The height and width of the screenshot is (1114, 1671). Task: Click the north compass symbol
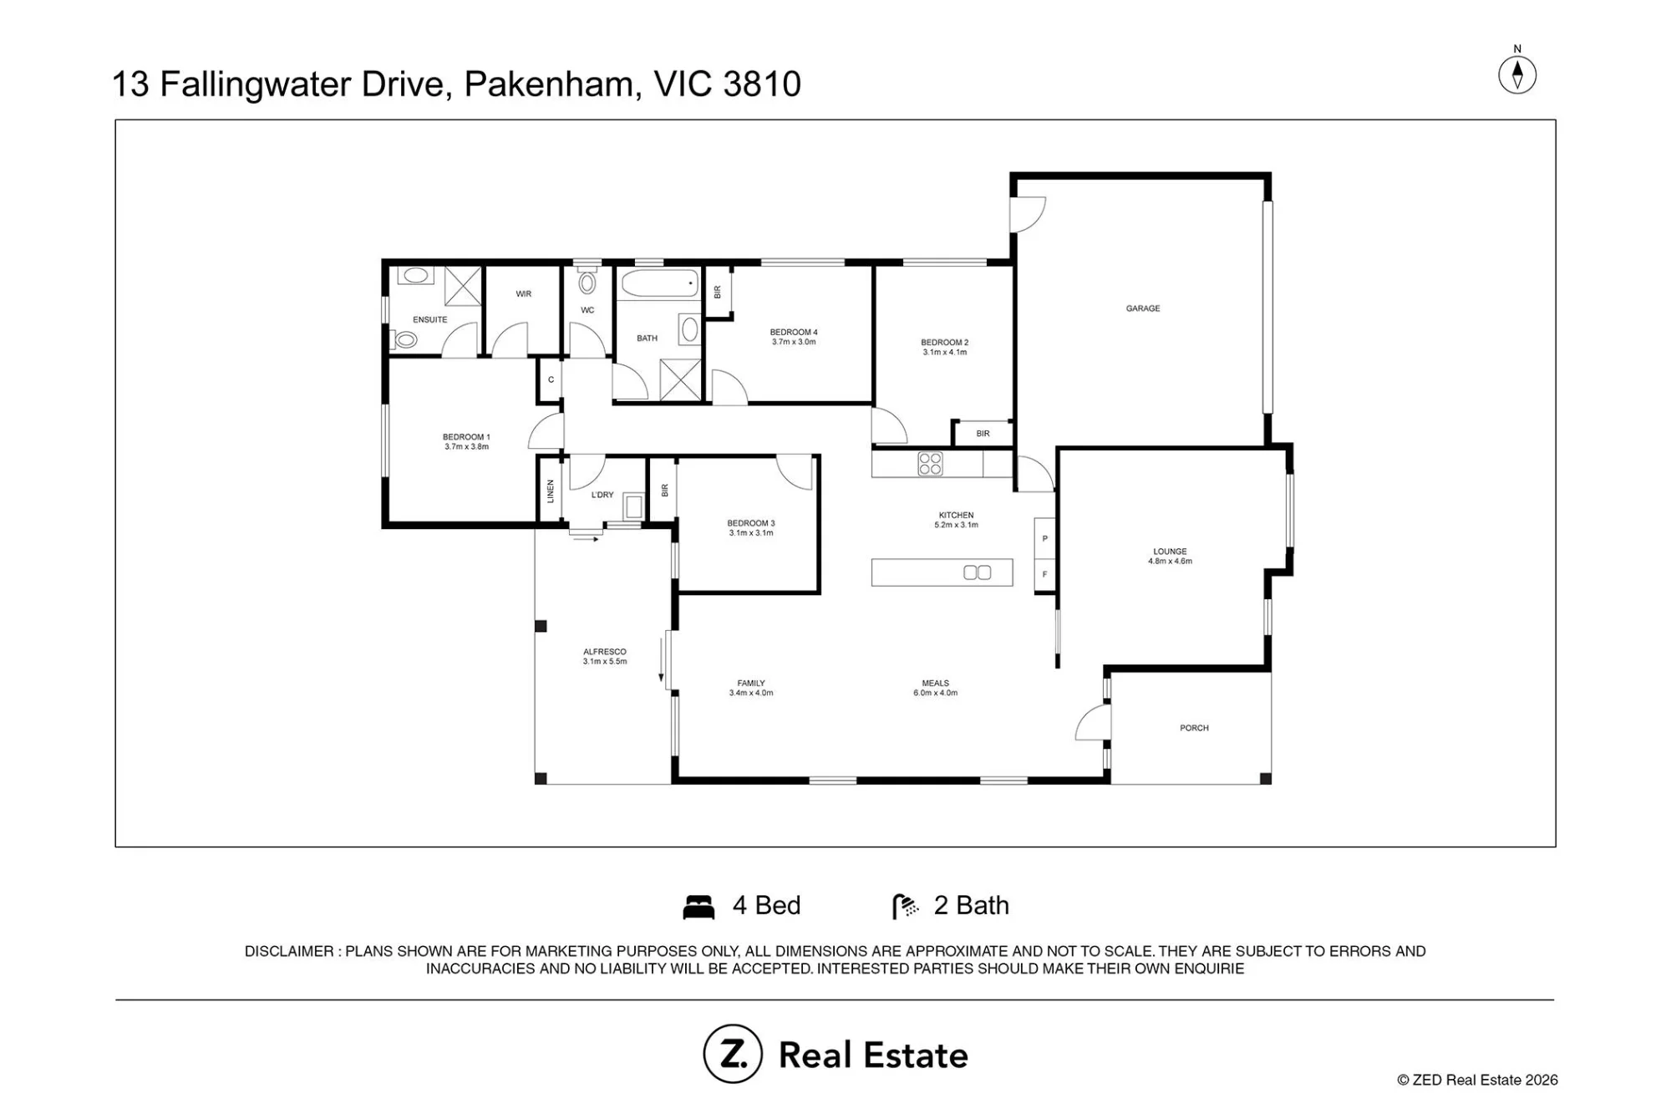point(1517,74)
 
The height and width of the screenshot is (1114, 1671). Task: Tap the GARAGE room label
point(1143,308)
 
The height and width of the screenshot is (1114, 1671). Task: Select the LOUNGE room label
point(1170,552)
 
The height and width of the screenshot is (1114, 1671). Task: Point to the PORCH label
point(1194,728)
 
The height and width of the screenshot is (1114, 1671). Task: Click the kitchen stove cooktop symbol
point(930,464)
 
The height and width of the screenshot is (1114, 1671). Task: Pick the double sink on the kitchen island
point(978,572)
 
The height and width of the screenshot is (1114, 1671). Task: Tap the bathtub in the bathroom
point(659,284)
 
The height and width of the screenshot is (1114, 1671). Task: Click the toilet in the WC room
point(587,281)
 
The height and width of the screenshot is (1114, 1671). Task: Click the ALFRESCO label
point(605,652)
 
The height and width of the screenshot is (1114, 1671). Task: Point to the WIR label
point(524,294)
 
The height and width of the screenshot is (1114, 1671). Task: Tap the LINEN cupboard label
point(551,491)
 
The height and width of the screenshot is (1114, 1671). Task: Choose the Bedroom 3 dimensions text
point(751,533)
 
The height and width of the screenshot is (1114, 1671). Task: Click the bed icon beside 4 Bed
point(698,907)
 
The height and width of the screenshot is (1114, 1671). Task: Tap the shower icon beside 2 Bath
point(906,907)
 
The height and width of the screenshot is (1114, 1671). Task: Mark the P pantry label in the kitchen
point(1045,539)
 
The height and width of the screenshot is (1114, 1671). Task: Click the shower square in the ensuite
point(463,286)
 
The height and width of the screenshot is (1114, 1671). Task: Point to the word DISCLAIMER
point(289,951)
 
